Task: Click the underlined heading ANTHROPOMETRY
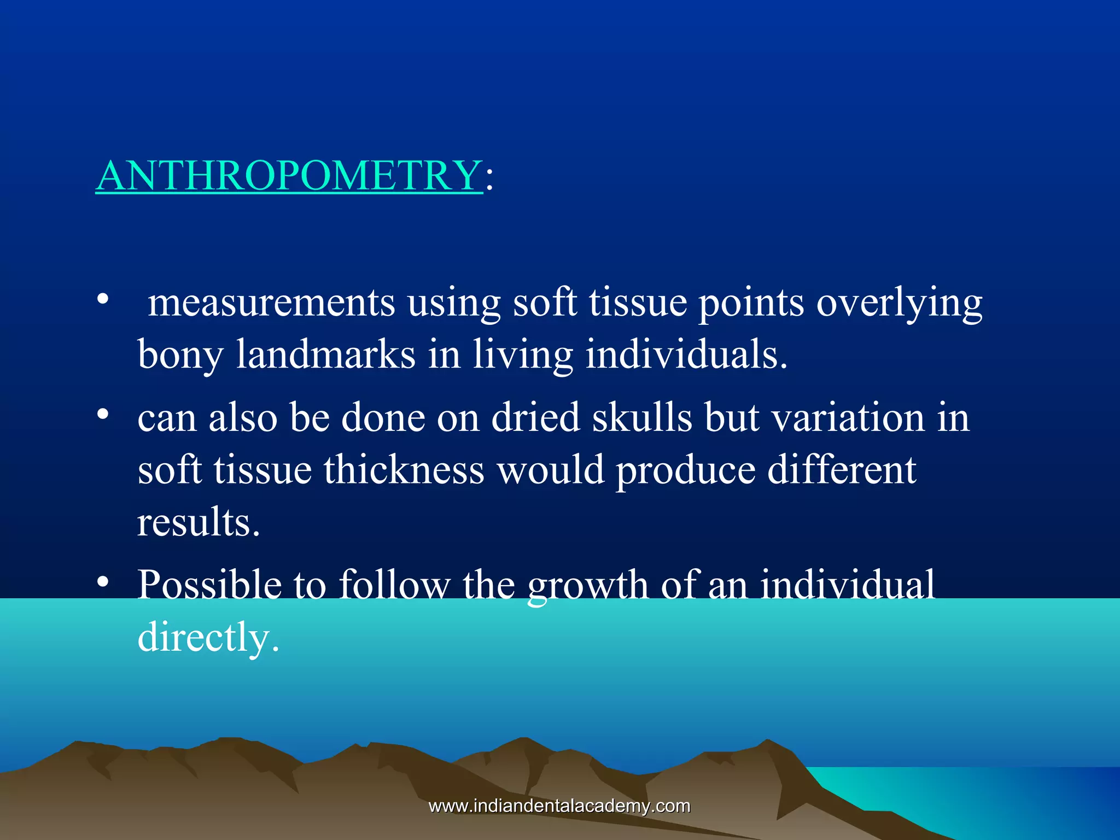click(x=289, y=176)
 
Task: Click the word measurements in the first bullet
click(x=271, y=303)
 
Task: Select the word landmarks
click(x=326, y=354)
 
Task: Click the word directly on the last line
click(x=208, y=638)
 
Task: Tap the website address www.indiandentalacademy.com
click(x=559, y=806)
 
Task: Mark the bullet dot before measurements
click(x=103, y=300)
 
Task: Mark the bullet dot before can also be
click(x=103, y=414)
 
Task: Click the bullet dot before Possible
click(x=103, y=582)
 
